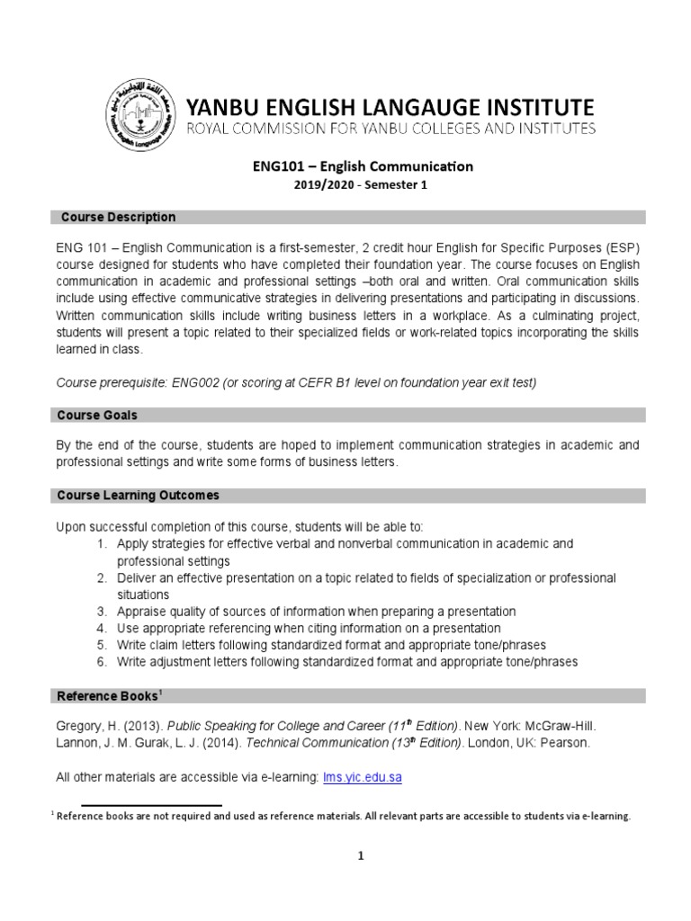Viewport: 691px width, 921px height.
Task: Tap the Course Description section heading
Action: (118, 217)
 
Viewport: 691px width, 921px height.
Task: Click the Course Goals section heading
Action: (97, 415)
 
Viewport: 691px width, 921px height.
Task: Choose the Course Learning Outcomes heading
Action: (138, 496)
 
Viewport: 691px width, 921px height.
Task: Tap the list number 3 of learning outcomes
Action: (102, 612)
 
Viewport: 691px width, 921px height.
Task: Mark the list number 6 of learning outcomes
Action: (102, 662)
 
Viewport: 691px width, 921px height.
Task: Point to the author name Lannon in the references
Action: (78, 742)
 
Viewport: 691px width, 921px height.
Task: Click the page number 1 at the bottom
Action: (361, 856)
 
